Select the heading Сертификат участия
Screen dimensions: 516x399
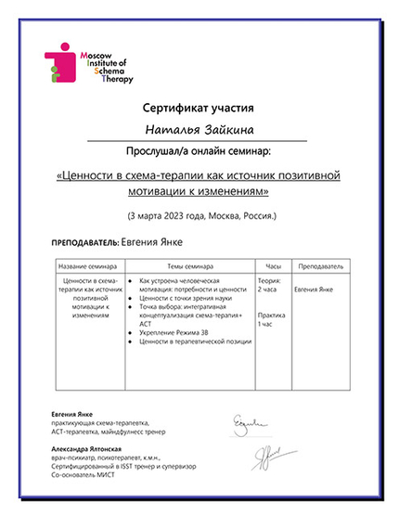click(x=199, y=109)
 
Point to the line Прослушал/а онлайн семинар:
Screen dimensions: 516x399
click(x=199, y=148)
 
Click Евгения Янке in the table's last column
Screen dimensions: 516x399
click(x=314, y=290)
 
